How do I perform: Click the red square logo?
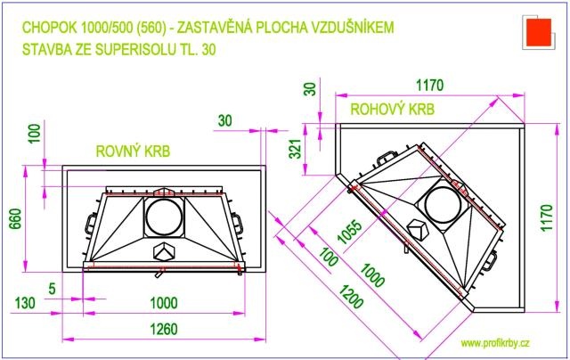click(538, 31)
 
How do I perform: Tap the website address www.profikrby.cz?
click(495, 343)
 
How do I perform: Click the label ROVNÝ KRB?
click(133, 151)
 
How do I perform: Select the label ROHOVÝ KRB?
click(392, 109)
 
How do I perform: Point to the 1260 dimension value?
click(164, 329)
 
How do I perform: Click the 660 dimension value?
click(15, 218)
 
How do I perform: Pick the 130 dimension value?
click(25, 303)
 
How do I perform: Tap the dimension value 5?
click(52, 289)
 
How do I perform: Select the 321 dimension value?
click(297, 149)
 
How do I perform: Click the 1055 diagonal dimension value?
click(350, 232)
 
